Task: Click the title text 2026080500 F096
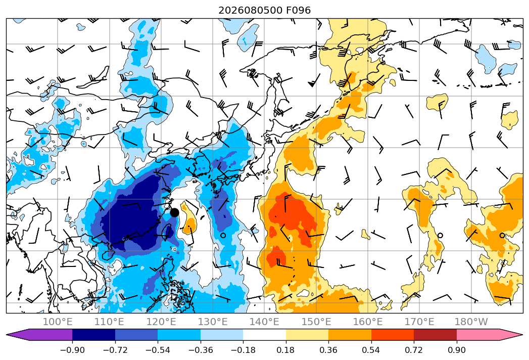(265, 11)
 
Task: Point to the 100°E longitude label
(58, 322)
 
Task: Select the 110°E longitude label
(109, 322)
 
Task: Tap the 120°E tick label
(161, 322)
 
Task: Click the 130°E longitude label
(213, 322)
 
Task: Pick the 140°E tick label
(264, 322)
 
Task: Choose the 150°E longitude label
(316, 322)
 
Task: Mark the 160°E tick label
(368, 322)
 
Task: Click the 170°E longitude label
(419, 322)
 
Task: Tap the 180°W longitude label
(471, 322)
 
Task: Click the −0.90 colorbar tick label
(72, 350)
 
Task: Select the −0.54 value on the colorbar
(158, 350)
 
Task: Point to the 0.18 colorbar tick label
(286, 350)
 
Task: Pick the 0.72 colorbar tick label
(414, 350)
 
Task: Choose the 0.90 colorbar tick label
(457, 350)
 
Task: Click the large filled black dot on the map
(174, 212)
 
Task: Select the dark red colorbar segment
(435, 335)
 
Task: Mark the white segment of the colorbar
(265, 335)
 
